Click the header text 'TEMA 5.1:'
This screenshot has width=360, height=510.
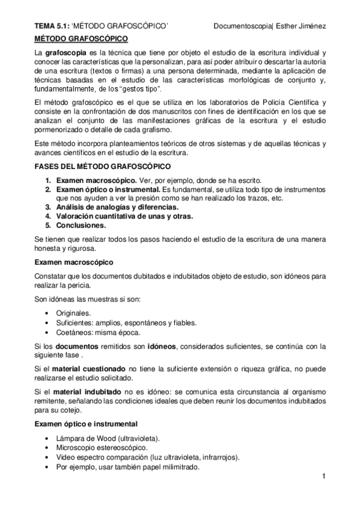click(50, 26)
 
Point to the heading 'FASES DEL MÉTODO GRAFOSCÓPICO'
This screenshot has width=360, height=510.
click(102, 167)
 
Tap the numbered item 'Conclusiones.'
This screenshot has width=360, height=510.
click(81, 226)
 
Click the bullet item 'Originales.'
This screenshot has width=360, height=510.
click(74, 313)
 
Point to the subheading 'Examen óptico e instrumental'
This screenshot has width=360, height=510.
click(86, 424)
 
